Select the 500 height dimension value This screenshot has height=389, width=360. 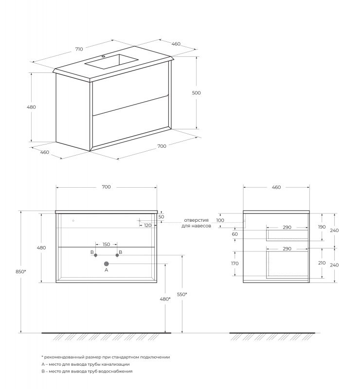click(197, 92)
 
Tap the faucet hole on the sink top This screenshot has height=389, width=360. click(103, 56)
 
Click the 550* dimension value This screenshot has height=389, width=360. click(182, 294)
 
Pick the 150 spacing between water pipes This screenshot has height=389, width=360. click(106, 244)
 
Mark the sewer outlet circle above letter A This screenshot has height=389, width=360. click(107, 264)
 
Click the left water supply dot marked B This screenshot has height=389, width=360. click(96, 255)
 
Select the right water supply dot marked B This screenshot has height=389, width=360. click(117, 255)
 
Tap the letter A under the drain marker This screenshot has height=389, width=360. click(106, 271)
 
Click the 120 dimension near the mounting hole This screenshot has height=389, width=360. click(147, 225)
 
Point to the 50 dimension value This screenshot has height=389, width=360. click(162, 216)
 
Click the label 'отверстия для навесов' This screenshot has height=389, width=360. click(196, 223)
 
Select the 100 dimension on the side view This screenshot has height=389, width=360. click(220, 220)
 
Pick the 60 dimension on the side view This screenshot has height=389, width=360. click(235, 234)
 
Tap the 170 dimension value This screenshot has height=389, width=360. click(235, 263)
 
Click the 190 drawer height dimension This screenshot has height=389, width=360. click(321, 227)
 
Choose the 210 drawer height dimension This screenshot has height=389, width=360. click(321, 263)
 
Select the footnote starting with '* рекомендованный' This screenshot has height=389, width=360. click(106, 357)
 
